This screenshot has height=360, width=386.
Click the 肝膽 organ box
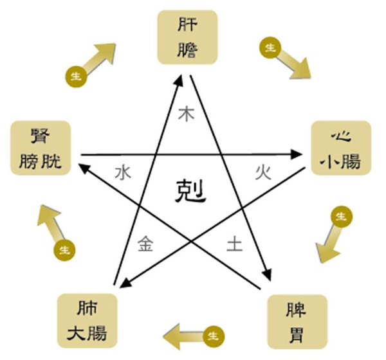[187, 37]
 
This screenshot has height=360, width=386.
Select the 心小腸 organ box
[341, 148]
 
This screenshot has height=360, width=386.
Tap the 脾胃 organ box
[297, 321]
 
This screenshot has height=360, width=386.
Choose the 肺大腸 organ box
[87, 321]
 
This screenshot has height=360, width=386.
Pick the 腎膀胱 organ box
[41, 148]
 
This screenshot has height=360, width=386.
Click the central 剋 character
[190, 191]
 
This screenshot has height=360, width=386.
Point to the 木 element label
[187, 114]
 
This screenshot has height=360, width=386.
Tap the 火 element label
[263, 172]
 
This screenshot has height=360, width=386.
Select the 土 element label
[234, 244]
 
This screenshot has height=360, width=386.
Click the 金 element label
[145, 244]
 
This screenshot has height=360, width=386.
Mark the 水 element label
[123, 172]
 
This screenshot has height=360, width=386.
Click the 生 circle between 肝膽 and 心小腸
[270, 48]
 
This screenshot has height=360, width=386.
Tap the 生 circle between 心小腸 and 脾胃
[342, 217]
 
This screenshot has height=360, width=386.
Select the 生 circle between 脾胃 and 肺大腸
[214, 336]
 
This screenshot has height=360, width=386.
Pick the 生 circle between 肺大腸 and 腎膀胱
[65, 251]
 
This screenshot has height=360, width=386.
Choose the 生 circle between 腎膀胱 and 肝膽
[76, 76]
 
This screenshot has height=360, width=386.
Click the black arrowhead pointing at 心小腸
[296, 154]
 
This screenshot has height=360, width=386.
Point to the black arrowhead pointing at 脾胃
[267, 274]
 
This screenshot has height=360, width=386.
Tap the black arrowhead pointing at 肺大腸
[126, 283]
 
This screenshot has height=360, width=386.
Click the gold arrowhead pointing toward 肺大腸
[172, 336]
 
